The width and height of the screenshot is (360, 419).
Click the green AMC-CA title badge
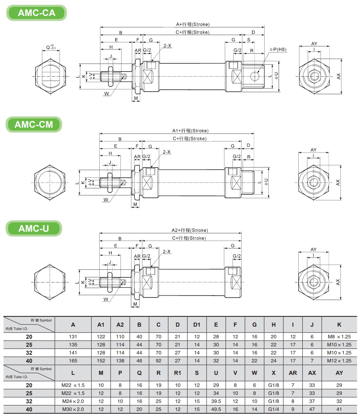(x=37, y=13)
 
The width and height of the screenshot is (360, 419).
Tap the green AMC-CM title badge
(x=34, y=124)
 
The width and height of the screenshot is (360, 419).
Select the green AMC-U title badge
(x=34, y=228)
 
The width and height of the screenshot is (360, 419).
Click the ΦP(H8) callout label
(x=278, y=49)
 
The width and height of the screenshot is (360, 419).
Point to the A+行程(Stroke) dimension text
(x=193, y=24)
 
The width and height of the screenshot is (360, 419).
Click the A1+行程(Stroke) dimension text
(x=190, y=131)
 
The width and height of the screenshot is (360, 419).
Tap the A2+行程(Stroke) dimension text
(x=190, y=230)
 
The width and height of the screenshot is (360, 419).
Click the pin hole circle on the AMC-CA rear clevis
(x=255, y=76)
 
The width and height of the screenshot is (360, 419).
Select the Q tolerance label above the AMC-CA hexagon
(x=51, y=47)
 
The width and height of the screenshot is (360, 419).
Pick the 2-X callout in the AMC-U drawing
(x=167, y=251)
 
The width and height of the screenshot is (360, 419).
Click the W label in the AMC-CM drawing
(x=106, y=200)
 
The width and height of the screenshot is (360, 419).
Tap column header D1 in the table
(x=197, y=325)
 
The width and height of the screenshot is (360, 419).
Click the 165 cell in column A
(x=73, y=361)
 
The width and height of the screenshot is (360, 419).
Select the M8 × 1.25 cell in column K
(x=339, y=337)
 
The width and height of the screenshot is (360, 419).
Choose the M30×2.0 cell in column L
(x=73, y=409)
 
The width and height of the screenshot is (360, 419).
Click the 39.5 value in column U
(x=216, y=401)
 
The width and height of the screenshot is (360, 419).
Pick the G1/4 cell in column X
(x=273, y=409)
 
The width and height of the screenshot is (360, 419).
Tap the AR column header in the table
(x=293, y=373)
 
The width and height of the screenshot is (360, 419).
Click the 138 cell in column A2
(x=120, y=361)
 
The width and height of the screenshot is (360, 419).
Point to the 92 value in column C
(x=158, y=361)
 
